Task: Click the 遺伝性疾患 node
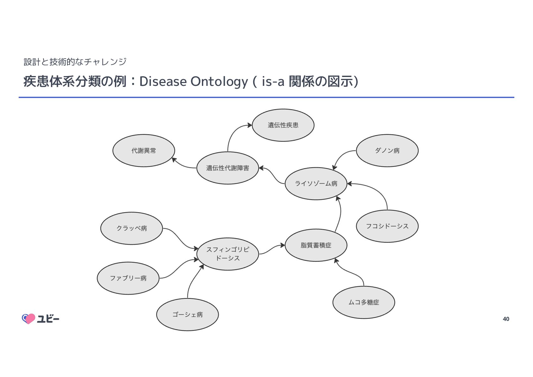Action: point(283,125)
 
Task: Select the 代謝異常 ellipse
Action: point(144,150)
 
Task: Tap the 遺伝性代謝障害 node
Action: point(228,168)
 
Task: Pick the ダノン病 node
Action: point(387,150)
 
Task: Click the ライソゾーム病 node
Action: point(316,183)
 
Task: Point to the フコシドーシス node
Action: point(387,226)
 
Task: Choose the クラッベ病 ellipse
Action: point(131,228)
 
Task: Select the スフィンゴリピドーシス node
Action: point(228,254)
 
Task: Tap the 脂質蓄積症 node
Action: point(316,245)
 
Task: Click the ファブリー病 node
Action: point(128,278)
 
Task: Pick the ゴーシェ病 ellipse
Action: point(187,315)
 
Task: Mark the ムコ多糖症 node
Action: point(364,302)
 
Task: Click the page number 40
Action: point(506,319)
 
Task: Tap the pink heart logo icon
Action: point(29,318)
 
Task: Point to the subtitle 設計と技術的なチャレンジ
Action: point(75,62)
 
